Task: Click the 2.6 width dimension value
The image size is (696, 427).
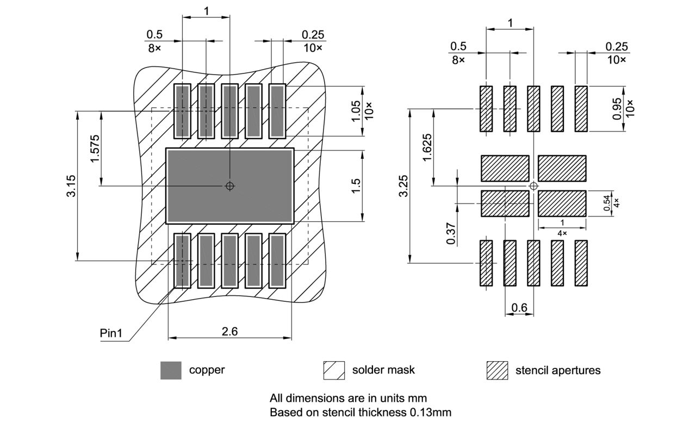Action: (230, 331)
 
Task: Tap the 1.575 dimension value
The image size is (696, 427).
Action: (95, 148)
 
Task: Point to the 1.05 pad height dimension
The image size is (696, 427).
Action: (356, 110)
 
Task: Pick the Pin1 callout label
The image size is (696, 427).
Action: (111, 333)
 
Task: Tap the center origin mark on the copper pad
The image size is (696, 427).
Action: (230, 186)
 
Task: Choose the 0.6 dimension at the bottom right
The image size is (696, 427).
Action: (519, 308)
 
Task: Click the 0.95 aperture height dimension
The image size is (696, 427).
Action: (617, 109)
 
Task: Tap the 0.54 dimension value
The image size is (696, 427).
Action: (606, 203)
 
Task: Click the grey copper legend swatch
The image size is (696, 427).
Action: (171, 370)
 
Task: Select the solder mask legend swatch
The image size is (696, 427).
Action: (334, 370)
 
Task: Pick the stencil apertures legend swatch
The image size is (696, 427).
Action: (497, 370)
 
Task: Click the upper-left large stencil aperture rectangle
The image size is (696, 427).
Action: (505, 168)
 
